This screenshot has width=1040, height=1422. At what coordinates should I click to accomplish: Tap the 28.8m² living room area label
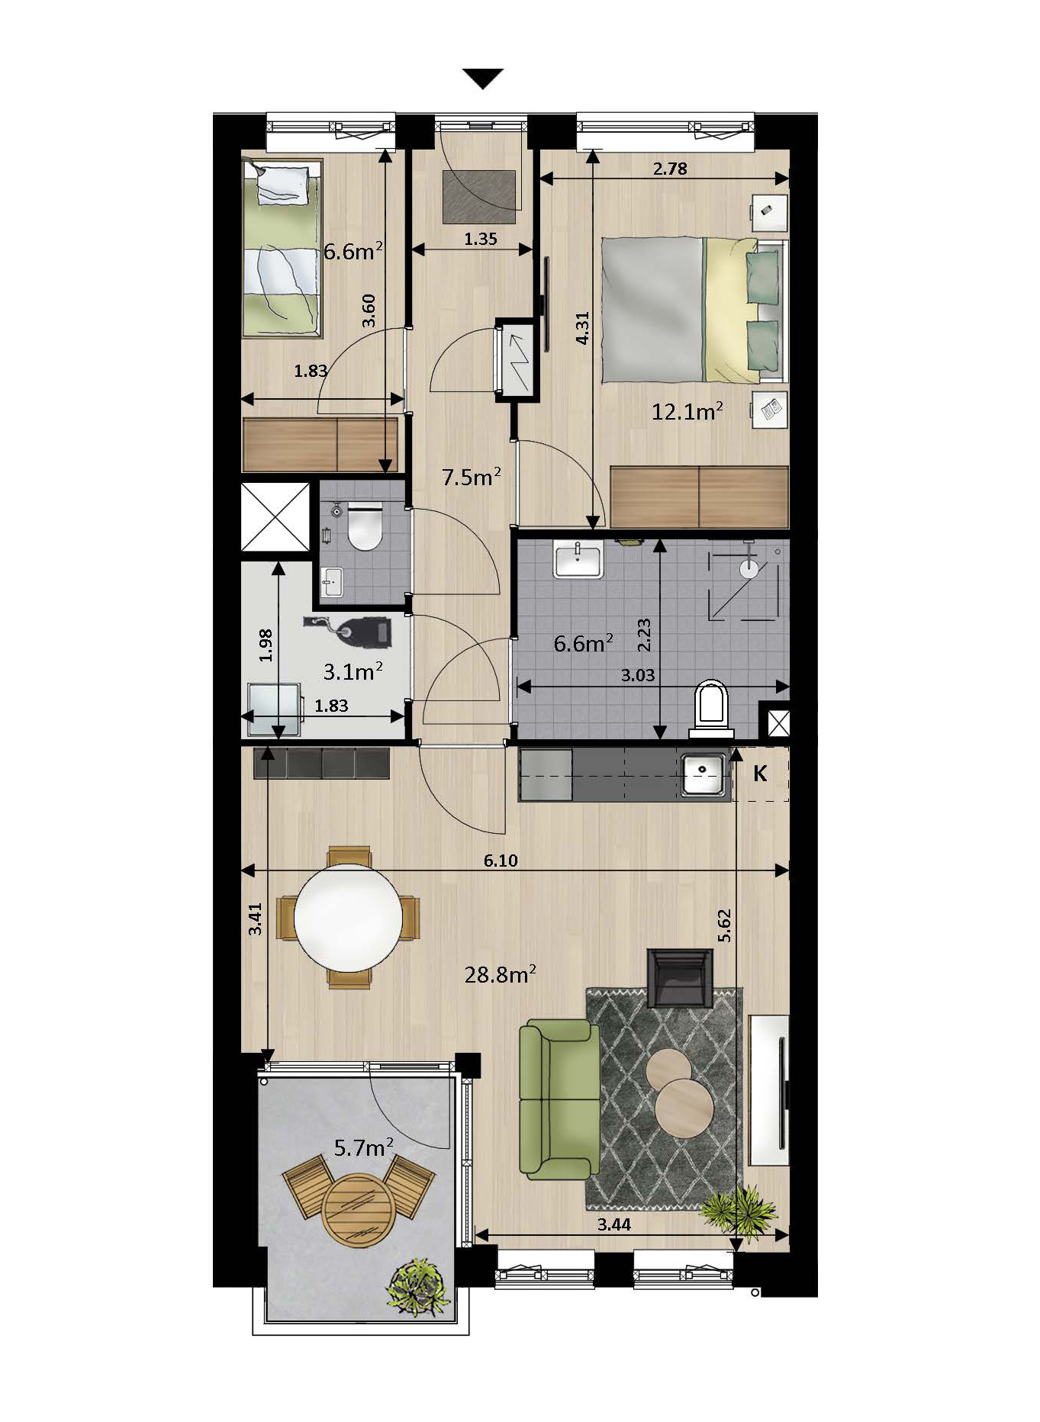pyautogui.click(x=500, y=973)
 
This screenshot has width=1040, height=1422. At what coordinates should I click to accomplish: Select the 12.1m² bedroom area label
pyautogui.click(x=687, y=412)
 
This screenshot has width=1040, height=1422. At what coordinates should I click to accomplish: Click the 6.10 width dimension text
pyautogui.click(x=501, y=861)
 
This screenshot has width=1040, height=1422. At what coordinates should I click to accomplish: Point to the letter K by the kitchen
pyautogui.click(x=760, y=774)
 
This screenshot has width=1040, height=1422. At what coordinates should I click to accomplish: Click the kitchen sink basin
pyautogui.click(x=703, y=775)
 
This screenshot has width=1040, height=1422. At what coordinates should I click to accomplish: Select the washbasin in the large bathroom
pyautogui.click(x=578, y=561)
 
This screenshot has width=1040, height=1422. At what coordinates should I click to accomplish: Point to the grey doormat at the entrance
pyautogui.click(x=480, y=197)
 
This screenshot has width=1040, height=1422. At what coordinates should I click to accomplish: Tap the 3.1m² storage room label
pyautogui.click(x=353, y=671)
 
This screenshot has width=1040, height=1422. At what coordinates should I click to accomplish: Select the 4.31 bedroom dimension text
pyautogui.click(x=582, y=329)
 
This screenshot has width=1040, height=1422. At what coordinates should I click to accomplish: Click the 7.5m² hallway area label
pyautogui.click(x=472, y=477)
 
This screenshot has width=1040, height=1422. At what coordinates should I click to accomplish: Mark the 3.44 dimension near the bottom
pyautogui.click(x=615, y=1226)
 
